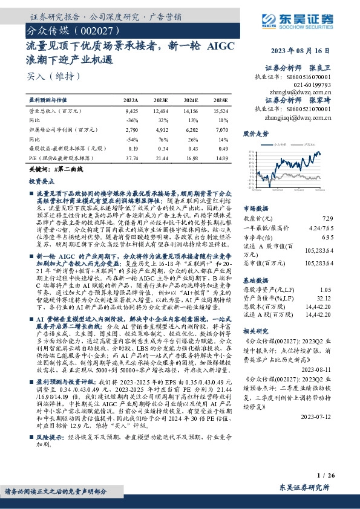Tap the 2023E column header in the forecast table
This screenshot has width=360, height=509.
click(161, 100)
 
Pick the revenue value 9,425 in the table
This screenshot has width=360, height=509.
click(132, 111)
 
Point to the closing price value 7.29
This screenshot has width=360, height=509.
click(327, 218)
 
